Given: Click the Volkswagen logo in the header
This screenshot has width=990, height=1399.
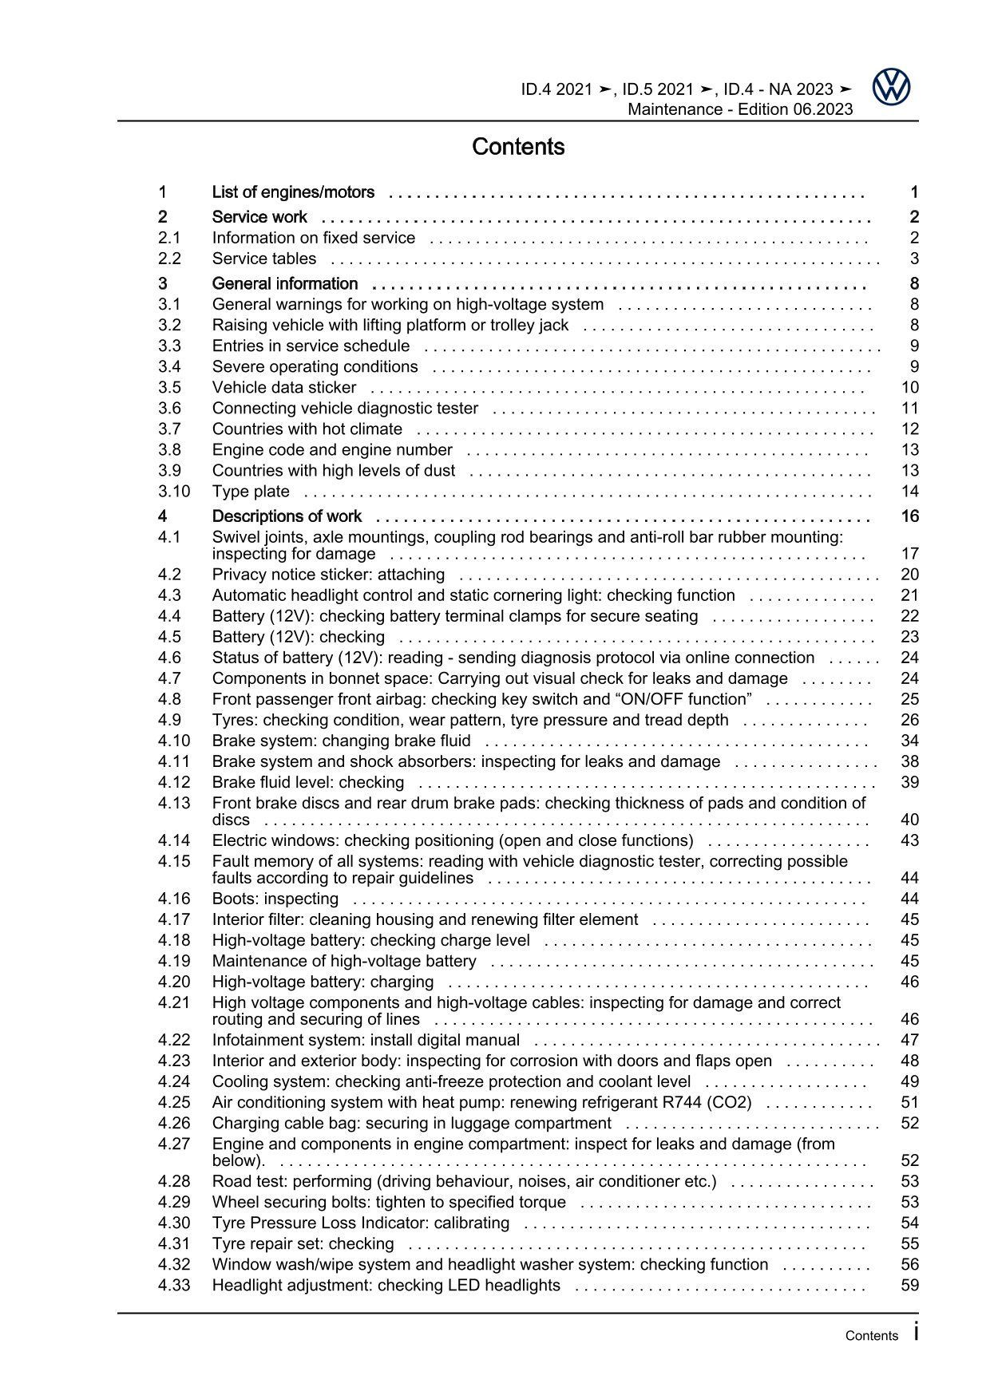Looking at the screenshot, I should (890, 87).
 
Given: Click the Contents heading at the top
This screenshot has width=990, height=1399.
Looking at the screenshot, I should (518, 147).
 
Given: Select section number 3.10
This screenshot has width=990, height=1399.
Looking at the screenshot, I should (174, 492).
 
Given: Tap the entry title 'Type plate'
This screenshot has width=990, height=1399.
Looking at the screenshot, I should (251, 492).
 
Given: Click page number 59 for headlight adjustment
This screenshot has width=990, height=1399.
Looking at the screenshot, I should (909, 1286).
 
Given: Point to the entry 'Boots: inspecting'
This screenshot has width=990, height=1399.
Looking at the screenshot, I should (263, 899).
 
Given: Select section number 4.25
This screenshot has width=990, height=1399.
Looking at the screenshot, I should (174, 1103).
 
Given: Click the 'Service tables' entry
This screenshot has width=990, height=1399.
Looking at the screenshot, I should (263, 259).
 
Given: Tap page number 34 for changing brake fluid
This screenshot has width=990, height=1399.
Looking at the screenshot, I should (909, 741).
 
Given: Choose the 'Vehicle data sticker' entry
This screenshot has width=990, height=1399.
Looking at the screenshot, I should (284, 388).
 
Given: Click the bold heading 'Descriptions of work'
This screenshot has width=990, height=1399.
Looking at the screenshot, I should (287, 516).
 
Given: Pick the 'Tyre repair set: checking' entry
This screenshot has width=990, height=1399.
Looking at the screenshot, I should (303, 1244).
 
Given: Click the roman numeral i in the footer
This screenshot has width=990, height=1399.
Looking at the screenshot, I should (916, 1332).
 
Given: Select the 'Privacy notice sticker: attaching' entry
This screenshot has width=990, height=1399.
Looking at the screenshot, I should (328, 575).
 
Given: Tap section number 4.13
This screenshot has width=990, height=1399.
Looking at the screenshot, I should (174, 803).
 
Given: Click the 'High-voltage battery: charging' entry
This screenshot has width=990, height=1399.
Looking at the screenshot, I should (323, 982).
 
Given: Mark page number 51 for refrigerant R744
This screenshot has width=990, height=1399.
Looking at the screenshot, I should (909, 1103).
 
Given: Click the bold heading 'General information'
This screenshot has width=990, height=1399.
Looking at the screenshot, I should (285, 284).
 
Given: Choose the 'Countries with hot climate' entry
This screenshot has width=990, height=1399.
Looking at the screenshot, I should (307, 429).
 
